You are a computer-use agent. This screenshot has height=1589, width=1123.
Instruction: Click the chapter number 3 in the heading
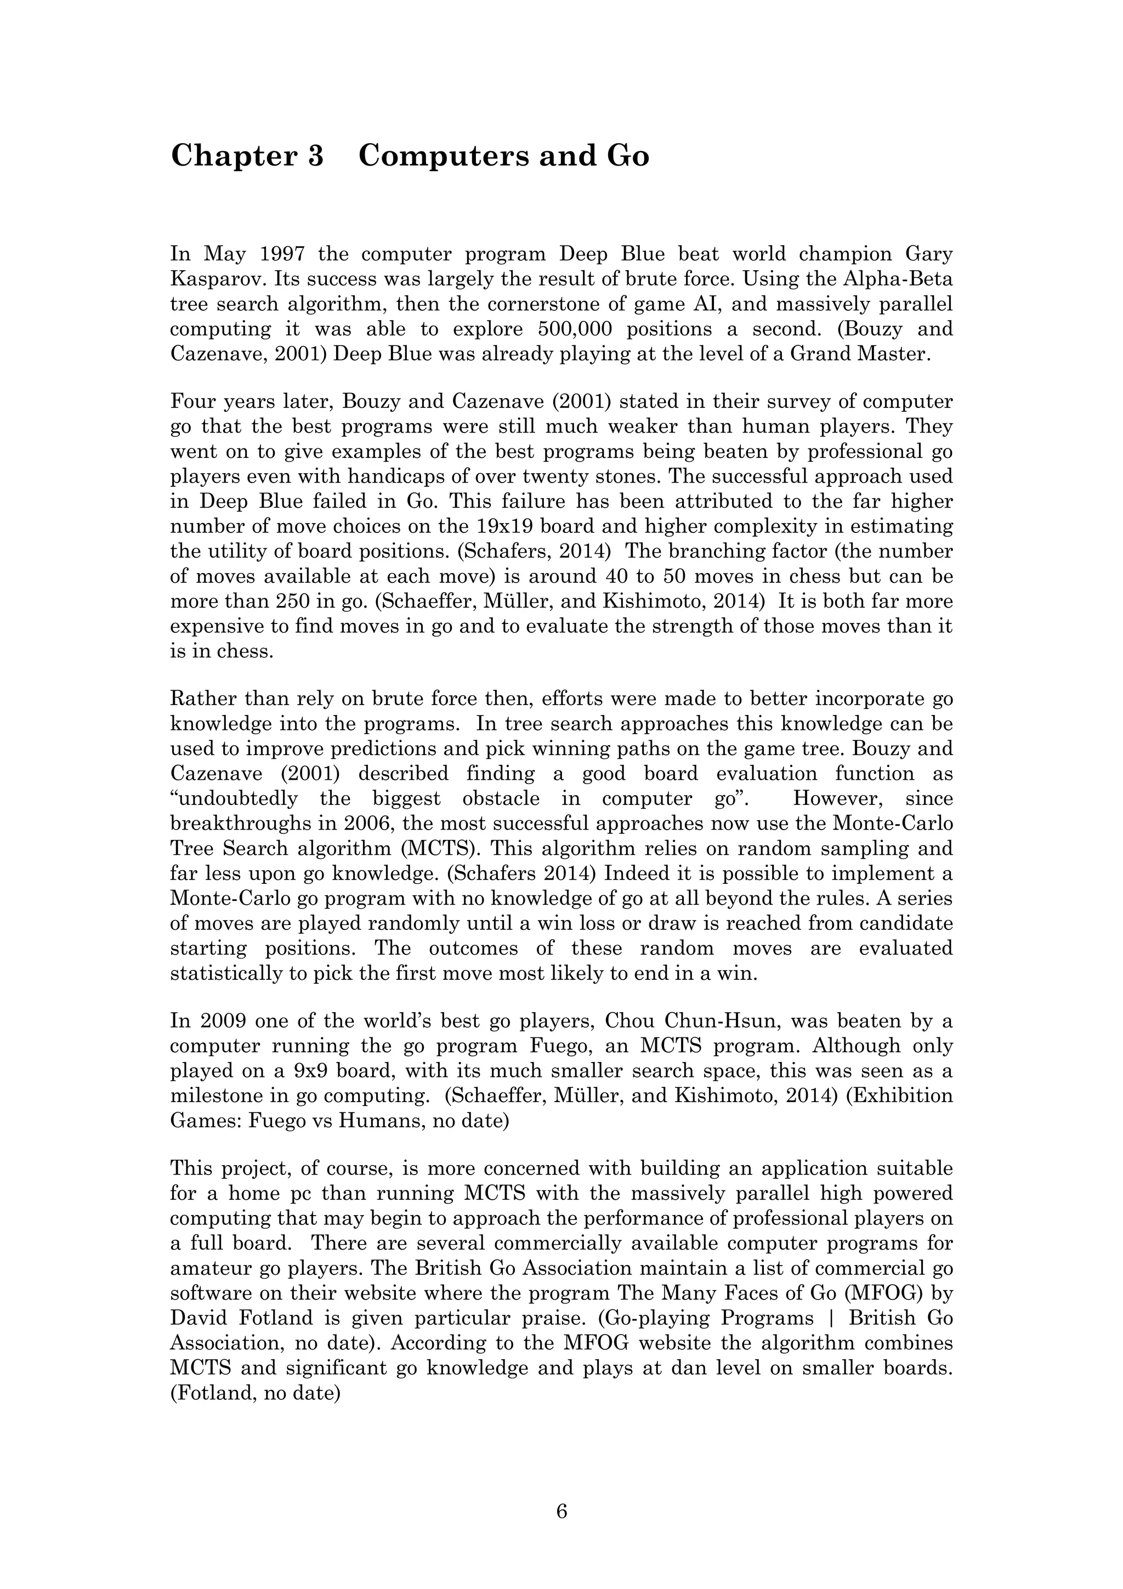click(315, 156)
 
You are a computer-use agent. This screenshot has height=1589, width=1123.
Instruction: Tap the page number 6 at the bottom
click(561, 1512)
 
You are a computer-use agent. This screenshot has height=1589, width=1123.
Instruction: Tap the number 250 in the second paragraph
click(266, 601)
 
